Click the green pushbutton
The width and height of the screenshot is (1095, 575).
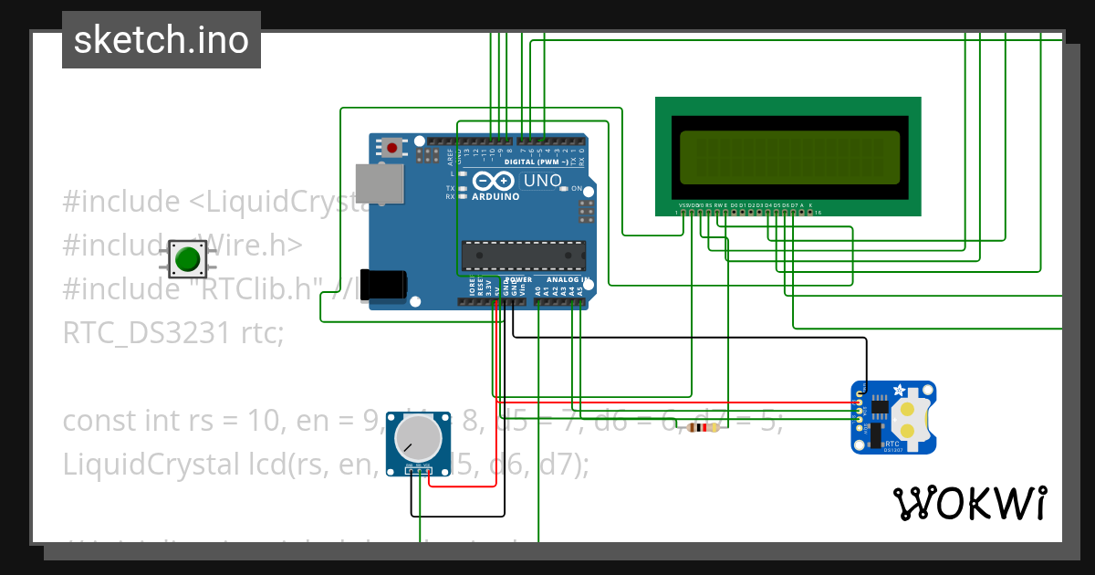click(x=187, y=260)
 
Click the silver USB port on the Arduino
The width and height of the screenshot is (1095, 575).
click(x=379, y=183)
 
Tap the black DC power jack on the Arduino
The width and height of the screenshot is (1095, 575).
click(x=382, y=285)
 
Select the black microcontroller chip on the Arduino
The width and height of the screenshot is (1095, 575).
click(x=523, y=256)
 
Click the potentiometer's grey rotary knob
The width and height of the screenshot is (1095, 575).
click(x=416, y=438)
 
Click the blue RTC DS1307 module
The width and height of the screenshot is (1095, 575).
click(x=893, y=417)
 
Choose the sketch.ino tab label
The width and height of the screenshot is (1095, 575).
click(x=162, y=40)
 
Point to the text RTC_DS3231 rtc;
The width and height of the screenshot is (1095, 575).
click(x=173, y=333)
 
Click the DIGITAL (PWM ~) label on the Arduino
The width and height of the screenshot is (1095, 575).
click(x=544, y=162)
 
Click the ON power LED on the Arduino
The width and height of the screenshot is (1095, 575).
click(x=564, y=188)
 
